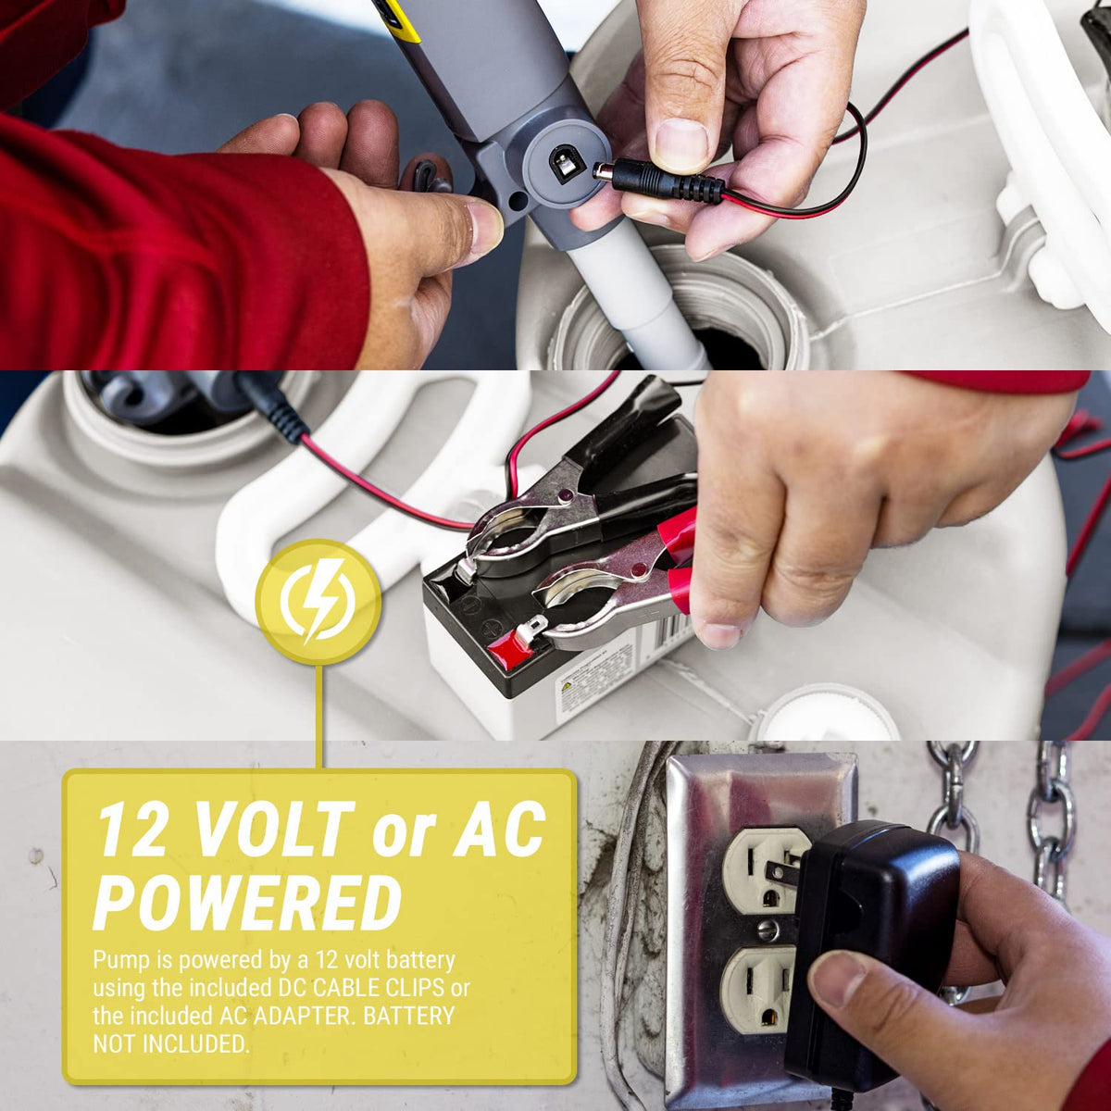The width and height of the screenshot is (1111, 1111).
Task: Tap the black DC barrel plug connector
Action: [x=658, y=182]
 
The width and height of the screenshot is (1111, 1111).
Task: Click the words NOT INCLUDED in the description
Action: [x=170, y=1043]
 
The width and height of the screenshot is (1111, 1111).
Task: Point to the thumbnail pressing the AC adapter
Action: [x=837, y=968]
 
